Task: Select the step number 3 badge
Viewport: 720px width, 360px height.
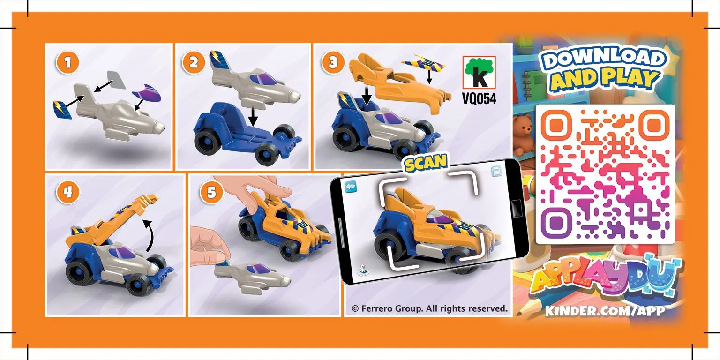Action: coord(333,62)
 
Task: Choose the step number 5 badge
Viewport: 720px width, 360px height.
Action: coord(211,192)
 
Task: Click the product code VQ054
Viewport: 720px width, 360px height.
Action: coord(479,99)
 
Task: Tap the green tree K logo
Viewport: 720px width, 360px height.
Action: coord(479,72)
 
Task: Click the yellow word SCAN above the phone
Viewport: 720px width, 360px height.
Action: coord(426,163)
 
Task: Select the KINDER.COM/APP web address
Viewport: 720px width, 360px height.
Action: coord(605,311)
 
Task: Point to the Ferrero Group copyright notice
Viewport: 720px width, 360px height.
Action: coord(429,308)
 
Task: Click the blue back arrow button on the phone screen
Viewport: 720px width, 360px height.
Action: coord(351,187)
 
